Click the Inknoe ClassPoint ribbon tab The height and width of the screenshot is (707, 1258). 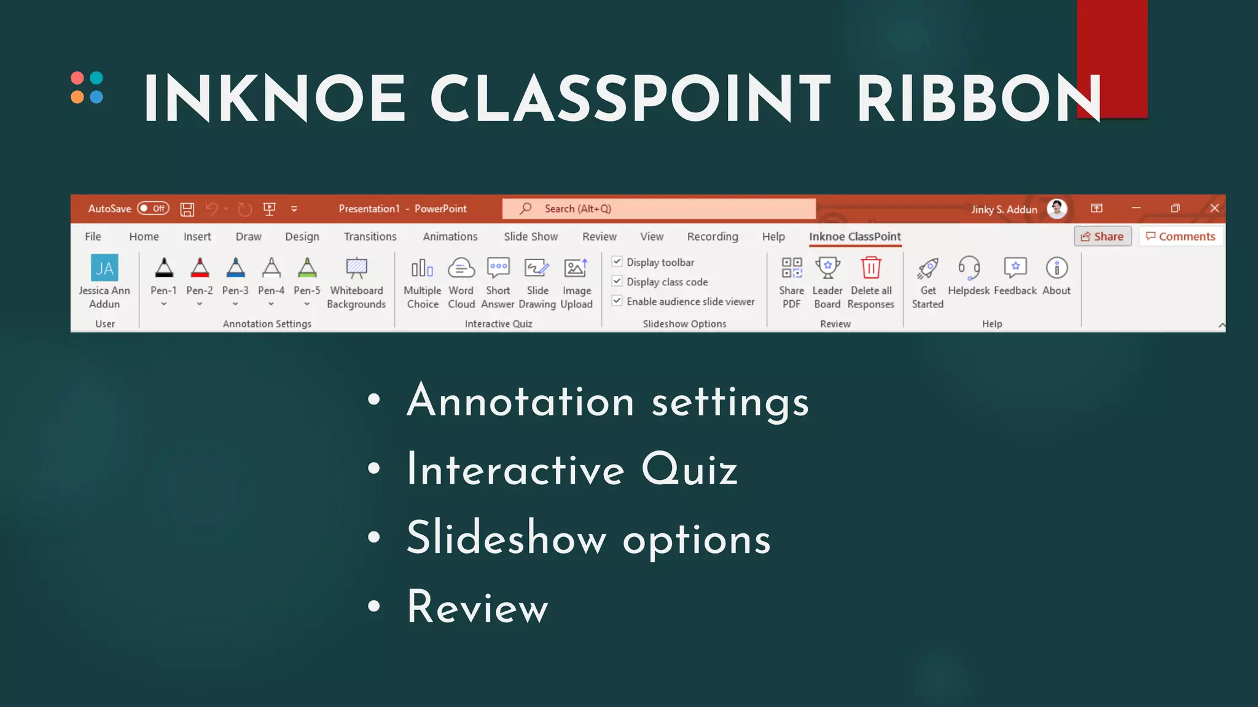coord(854,236)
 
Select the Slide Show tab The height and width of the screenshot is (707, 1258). coord(531,236)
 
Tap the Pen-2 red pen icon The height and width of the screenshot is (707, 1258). coord(200,268)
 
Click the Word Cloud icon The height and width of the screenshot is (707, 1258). coord(461,268)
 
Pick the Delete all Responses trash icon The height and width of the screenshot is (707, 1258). coord(871,268)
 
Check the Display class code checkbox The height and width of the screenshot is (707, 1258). coord(617,281)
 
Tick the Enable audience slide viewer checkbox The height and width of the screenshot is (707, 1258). coord(617,301)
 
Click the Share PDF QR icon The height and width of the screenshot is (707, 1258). coord(791,268)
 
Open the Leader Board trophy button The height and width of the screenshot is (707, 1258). coord(827,268)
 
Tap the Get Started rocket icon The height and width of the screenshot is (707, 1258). coord(928,268)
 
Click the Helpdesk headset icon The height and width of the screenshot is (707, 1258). coord(969,268)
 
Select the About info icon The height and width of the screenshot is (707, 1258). coord(1057,268)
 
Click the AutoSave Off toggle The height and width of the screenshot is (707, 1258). coord(153,209)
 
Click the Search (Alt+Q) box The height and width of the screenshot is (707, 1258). coord(658,209)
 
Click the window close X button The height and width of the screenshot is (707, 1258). coord(1214,208)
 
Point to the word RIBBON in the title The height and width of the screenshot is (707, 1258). coord(979,99)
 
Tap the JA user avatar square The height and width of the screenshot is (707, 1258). coord(104,268)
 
